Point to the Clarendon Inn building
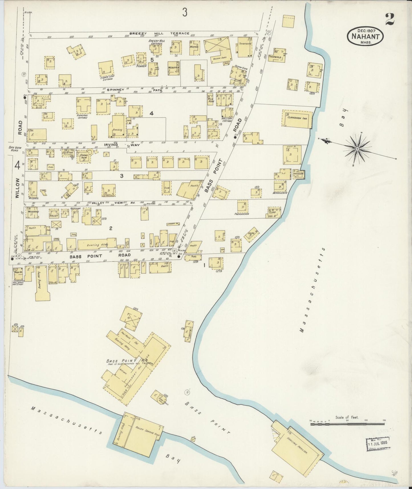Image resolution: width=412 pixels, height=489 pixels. coord(297,118)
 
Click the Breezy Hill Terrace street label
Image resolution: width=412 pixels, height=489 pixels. coord(159,33)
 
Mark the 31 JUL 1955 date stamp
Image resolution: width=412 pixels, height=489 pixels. coord(378,444)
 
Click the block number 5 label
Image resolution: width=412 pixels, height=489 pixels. coord(152,60)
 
